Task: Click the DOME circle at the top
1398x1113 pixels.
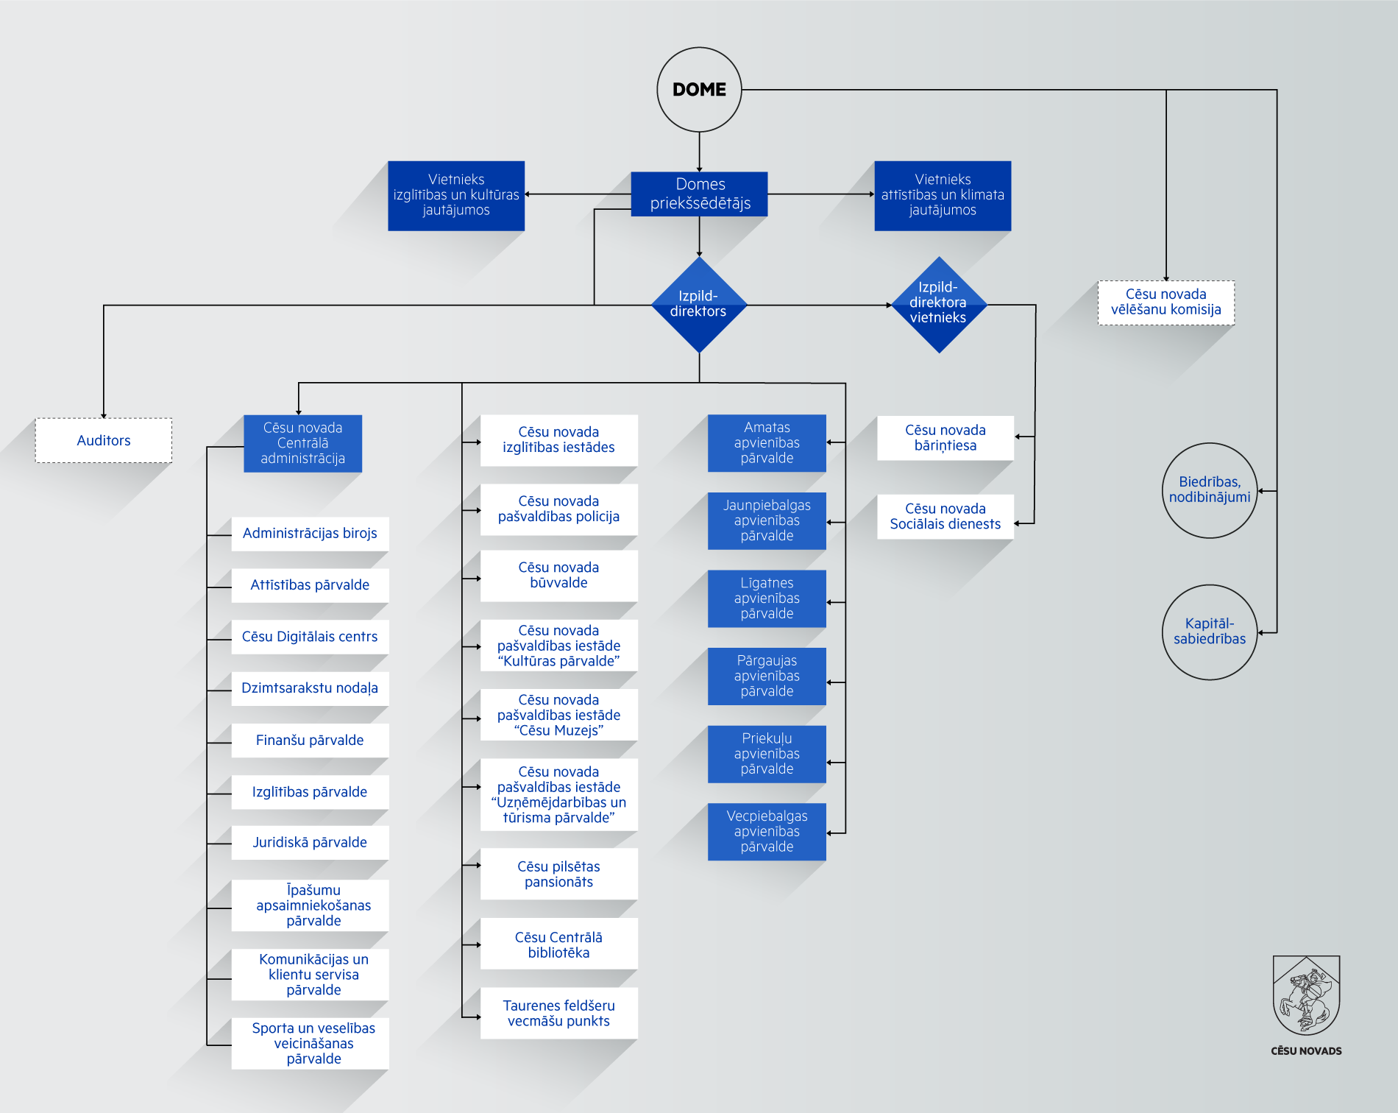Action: click(699, 90)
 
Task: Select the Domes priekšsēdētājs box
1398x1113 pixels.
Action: click(699, 194)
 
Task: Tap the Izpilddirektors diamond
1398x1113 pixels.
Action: click(699, 304)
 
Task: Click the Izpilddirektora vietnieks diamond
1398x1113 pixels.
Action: click(938, 304)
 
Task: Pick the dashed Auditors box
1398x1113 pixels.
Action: click(104, 440)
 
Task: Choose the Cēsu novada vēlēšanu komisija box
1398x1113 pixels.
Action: click(1165, 303)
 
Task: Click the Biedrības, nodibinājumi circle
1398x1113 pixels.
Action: click(1210, 490)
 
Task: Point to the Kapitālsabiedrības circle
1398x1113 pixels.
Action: click(1210, 632)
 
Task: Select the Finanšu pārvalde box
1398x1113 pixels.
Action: click(310, 741)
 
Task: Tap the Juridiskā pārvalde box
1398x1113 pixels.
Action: click(310, 843)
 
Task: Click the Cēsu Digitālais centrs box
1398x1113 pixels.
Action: click(310, 637)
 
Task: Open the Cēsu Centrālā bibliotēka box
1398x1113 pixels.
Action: click(558, 944)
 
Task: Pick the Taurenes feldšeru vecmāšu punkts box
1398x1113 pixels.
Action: click(558, 1014)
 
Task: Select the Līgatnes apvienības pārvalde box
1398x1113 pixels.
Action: click(767, 598)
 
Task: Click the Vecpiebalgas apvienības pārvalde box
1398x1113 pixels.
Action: click(767, 832)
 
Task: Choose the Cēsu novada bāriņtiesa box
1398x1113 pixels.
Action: click(945, 438)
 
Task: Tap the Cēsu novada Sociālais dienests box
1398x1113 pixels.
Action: click(945, 517)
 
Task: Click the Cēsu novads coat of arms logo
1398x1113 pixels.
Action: click(1306, 996)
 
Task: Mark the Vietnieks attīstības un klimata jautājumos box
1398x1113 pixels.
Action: click(943, 196)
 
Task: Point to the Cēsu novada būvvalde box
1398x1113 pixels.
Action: click(558, 576)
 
